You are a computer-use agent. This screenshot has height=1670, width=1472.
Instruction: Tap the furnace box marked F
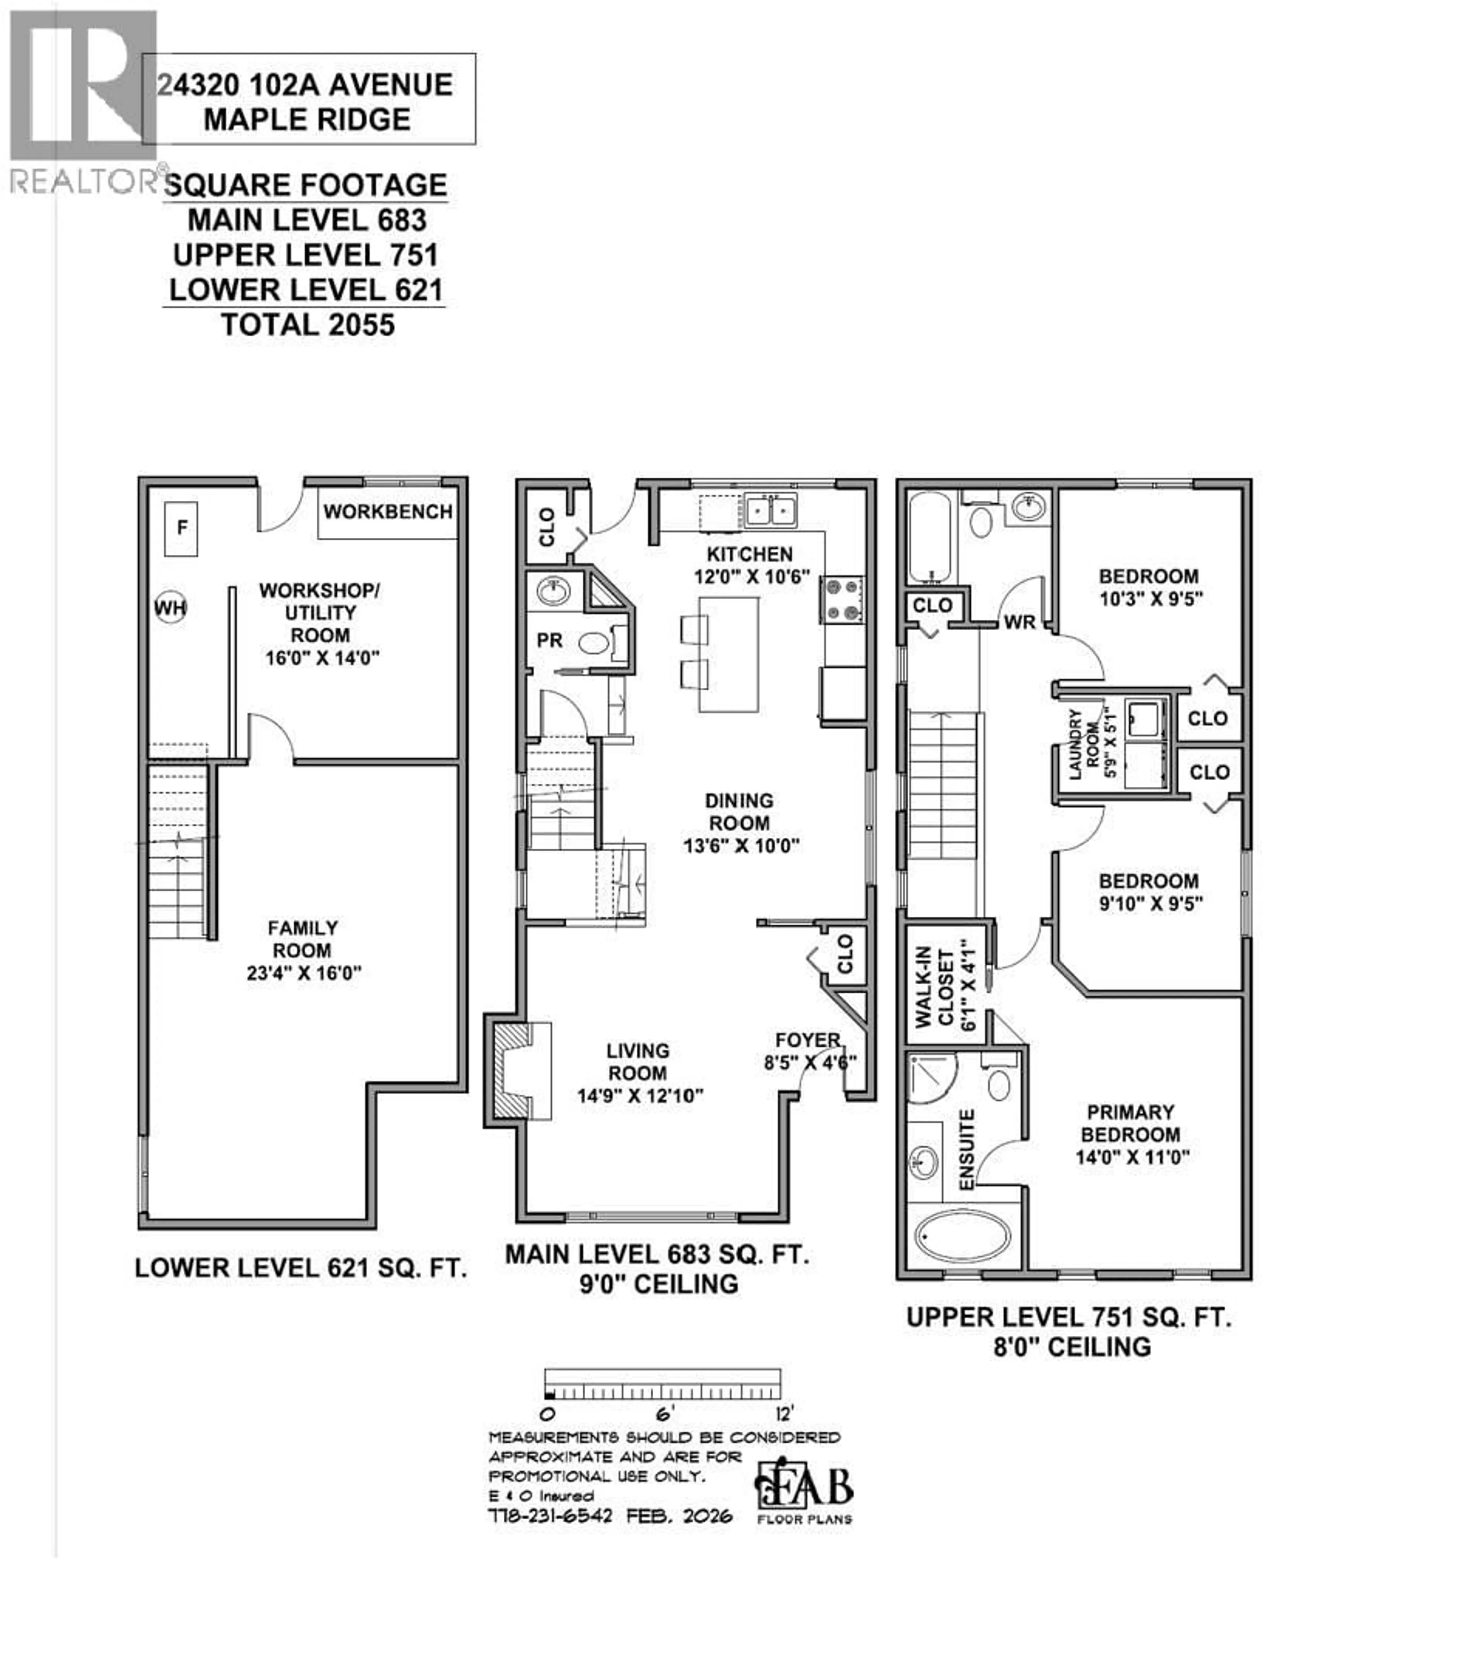pos(181,528)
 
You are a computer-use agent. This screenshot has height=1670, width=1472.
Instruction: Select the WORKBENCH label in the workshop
pos(387,512)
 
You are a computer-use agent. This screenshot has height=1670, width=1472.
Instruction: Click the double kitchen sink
pos(770,511)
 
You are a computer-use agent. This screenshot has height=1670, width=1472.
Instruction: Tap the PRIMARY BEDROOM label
pos(1130,1123)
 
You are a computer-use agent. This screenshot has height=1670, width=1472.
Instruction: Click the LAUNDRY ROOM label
pos(1083,743)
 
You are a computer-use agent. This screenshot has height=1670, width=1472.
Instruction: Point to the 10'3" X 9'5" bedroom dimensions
pos(1150,599)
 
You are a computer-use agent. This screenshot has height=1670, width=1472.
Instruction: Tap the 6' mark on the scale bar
pos(663,1414)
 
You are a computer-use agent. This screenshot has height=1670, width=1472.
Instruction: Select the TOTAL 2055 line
pos(307,325)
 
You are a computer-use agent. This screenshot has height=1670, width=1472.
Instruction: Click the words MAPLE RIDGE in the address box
pos(307,119)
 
